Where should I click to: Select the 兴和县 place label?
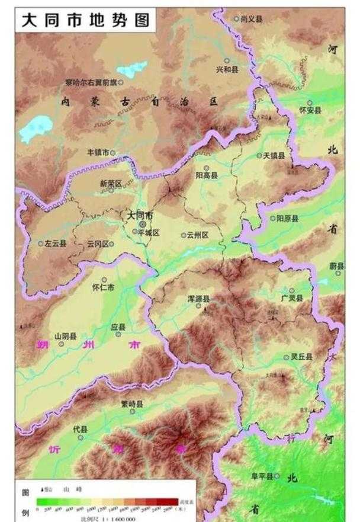[227, 69]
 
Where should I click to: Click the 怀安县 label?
[310, 110]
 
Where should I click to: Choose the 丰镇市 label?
[98, 152]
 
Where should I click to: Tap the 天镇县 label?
[274, 155]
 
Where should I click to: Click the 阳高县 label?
[207, 175]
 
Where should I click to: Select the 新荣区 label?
[110, 184]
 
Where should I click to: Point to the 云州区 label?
[198, 235]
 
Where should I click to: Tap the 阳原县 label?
[288, 218]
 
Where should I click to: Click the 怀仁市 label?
[104, 288]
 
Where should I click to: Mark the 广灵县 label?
[292, 298]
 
